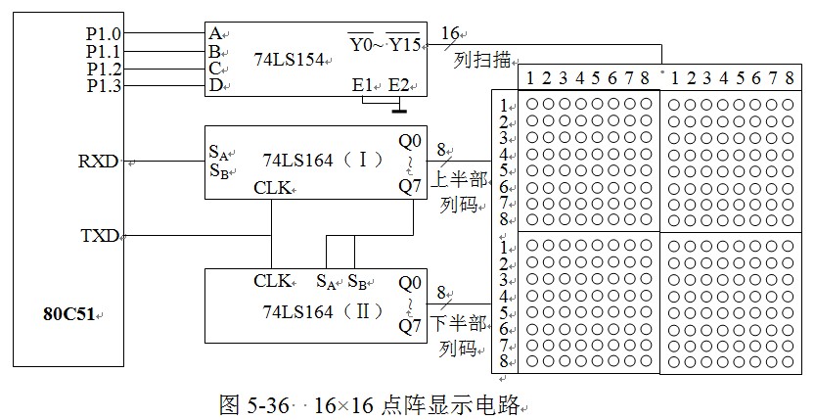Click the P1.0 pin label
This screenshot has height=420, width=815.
coord(103,32)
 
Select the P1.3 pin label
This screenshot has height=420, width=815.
coord(103,86)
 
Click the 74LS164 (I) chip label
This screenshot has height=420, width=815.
coord(315,158)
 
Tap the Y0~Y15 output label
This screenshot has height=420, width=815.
coord(384,43)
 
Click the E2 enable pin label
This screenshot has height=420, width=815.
coord(399,85)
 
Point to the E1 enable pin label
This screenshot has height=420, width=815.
coord(363,85)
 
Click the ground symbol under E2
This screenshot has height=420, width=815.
coord(398,101)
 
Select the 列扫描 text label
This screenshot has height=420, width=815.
coord(483,61)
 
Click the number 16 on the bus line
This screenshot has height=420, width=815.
coord(452,33)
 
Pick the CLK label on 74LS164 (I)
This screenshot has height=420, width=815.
coord(273,187)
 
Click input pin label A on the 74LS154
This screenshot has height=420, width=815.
coord(213,32)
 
